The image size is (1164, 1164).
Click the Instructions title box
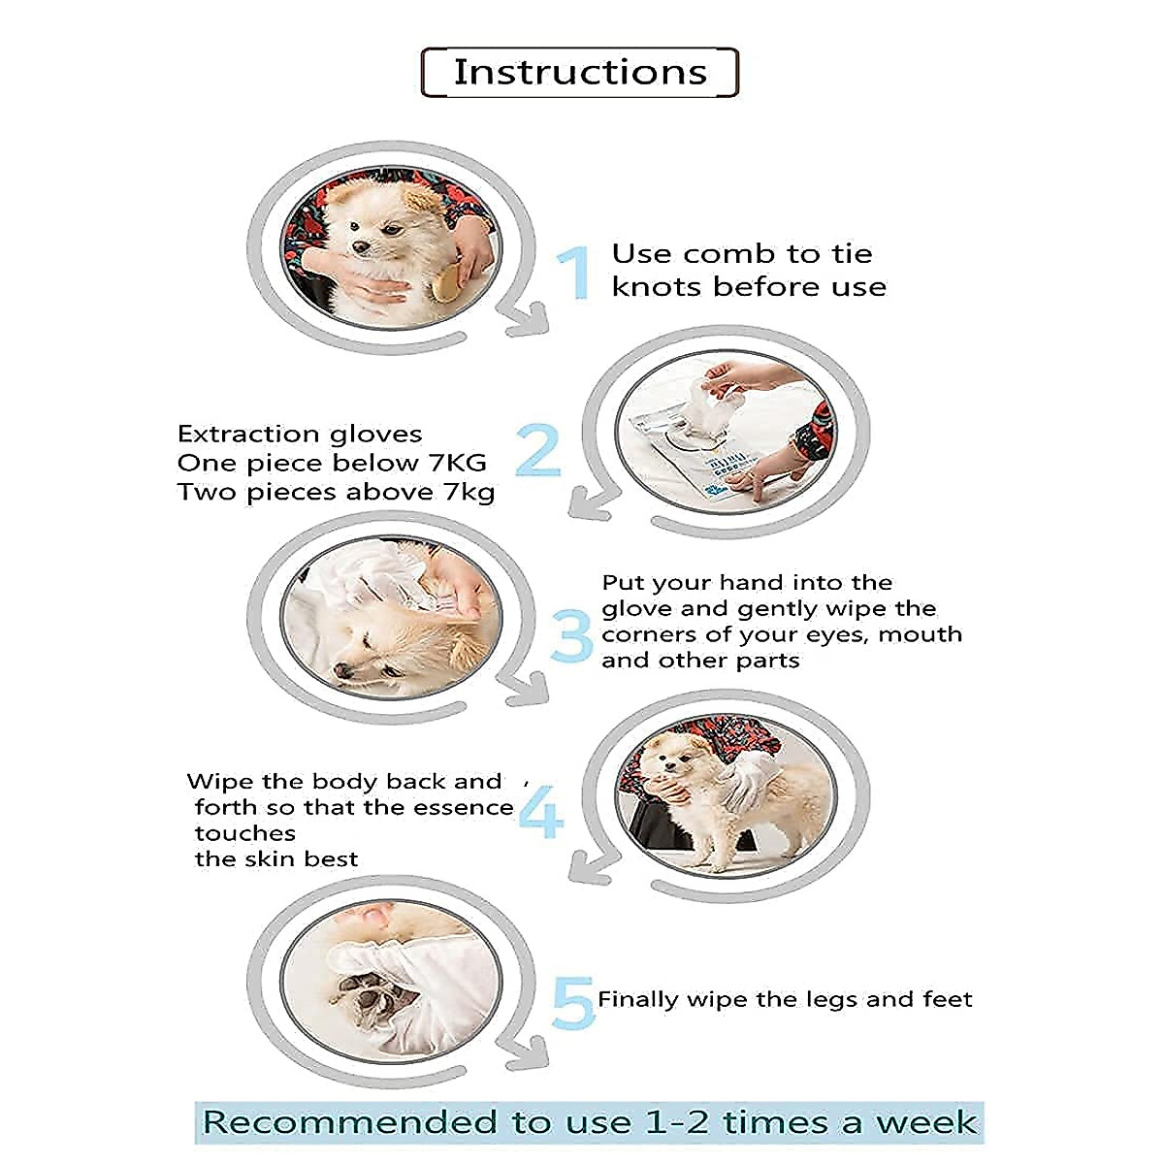pyautogui.click(x=580, y=73)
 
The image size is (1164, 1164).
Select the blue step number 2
pyautogui.click(x=538, y=450)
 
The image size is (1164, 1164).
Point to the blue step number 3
pyautogui.click(x=572, y=636)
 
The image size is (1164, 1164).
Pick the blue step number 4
pyautogui.click(x=540, y=813)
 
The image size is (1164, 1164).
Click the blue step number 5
pyautogui.click(x=572, y=1003)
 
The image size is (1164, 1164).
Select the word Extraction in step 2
pyautogui.click(x=248, y=434)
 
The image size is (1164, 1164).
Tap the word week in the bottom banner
pyautogui.click(x=926, y=1122)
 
